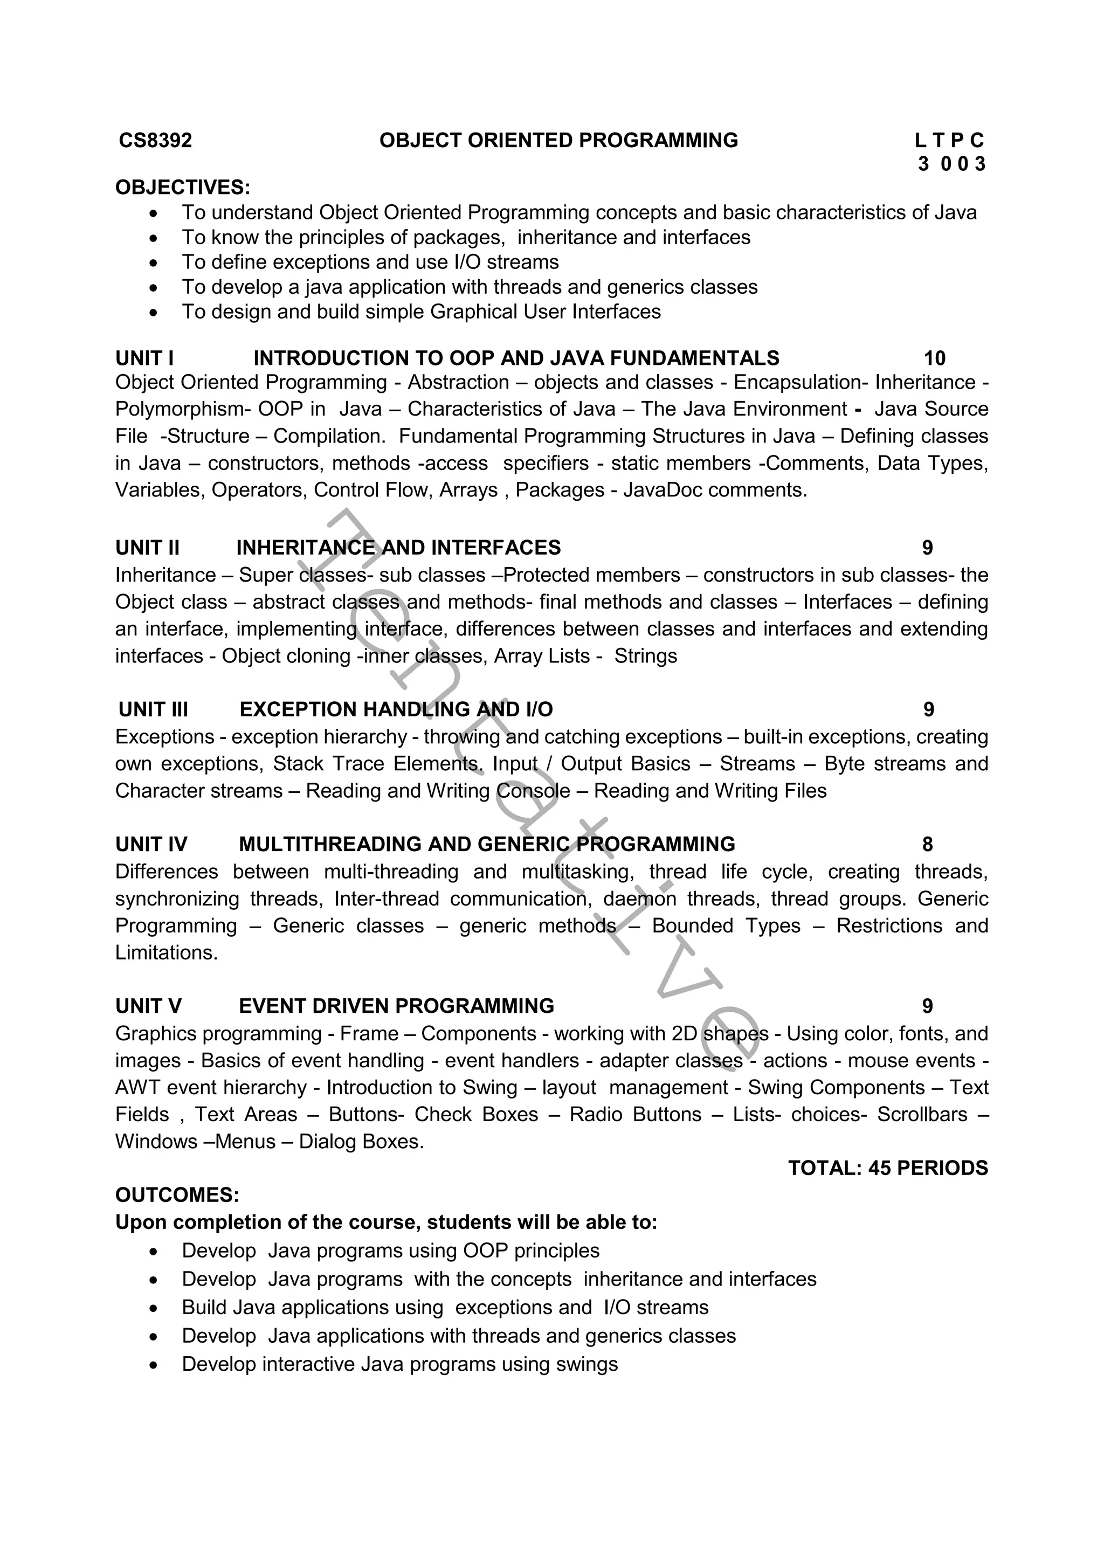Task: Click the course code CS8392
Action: [155, 141]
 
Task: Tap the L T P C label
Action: [949, 141]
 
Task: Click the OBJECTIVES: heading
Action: [183, 188]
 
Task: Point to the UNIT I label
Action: [144, 358]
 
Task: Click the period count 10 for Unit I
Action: [934, 358]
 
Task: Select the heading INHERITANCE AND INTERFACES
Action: [398, 548]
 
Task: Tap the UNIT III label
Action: [153, 710]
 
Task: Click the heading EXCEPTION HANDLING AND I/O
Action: [396, 710]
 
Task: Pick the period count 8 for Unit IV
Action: [927, 845]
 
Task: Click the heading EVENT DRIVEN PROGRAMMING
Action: [396, 1006]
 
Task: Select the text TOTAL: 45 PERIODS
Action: [888, 1168]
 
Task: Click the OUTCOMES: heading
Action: [177, 1195]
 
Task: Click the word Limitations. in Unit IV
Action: [167, 952]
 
